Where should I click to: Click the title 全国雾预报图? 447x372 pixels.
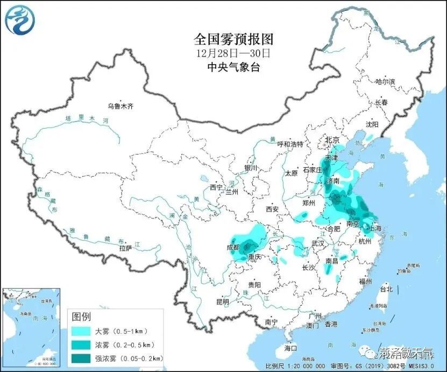[233, 39]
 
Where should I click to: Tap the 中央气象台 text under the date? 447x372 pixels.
[233, 67]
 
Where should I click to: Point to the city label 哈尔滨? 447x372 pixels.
[385, 81]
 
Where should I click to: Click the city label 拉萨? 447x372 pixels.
[125, 248]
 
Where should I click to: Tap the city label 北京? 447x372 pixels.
[332, 140]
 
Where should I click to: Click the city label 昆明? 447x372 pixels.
[222, 301]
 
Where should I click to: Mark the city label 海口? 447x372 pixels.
[290, 348]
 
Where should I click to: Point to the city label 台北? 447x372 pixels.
[386, 289]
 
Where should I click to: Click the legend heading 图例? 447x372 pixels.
[81, 315]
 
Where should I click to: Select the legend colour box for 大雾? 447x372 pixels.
[82, 331]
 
